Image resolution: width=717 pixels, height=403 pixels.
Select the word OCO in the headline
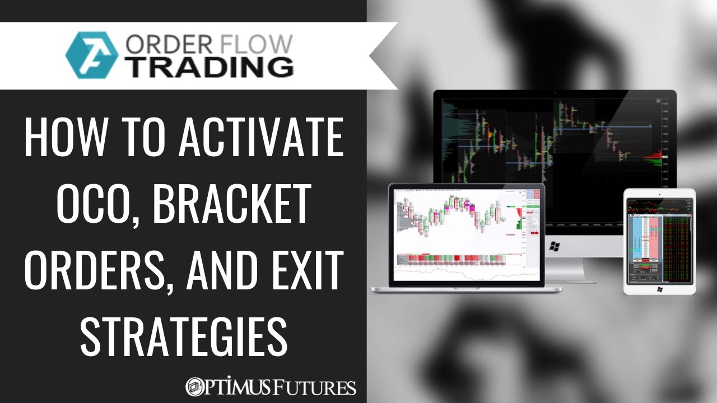tap(68, 204)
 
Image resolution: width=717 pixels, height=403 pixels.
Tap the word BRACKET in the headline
tap(231, 204)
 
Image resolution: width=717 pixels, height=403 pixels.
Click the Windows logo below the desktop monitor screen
tap(555, 245)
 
